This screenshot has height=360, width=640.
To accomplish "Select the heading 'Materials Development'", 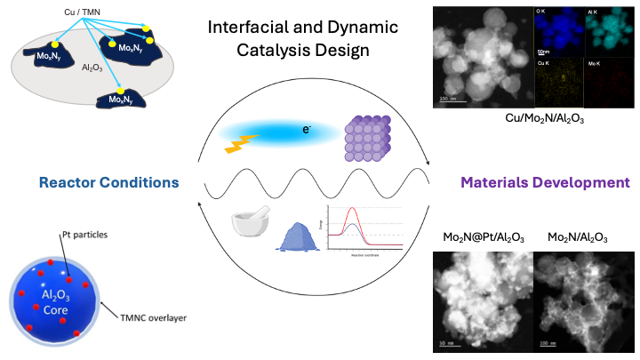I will tap(545, 183).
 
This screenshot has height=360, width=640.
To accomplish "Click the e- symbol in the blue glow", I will tap(306, 130).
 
